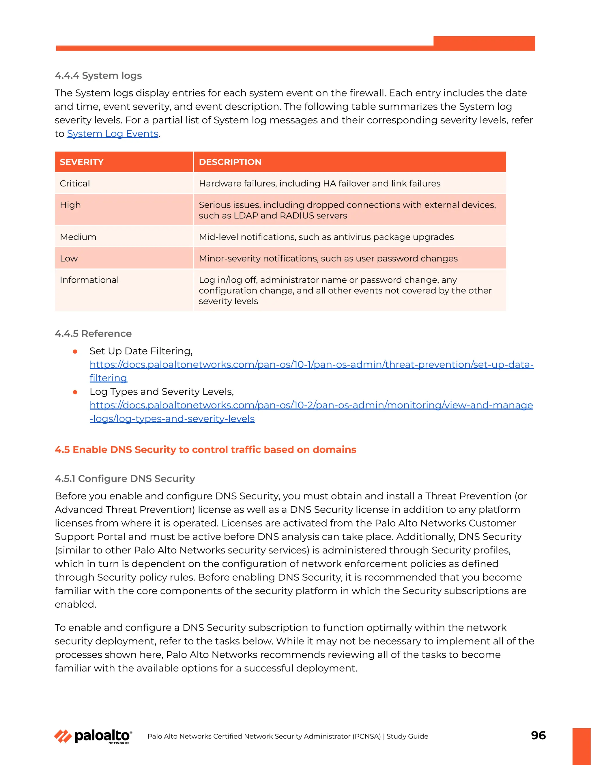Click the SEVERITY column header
point(82,162)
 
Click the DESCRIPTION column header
point(230,162)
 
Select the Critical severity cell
point(75,183)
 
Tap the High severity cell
point(70,205)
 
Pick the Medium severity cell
point(78,237)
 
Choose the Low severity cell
point(69,258)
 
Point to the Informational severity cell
point(89,280)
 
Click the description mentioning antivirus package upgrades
point(326,237)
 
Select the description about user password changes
point(328,258)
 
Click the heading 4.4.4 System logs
point(98,76)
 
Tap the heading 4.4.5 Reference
point(93,333)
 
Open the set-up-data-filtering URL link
point(311,365)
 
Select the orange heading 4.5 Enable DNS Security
point(205,449)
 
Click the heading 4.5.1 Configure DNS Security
point(125,478)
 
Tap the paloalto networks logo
point(93,736)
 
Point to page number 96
point(538,735)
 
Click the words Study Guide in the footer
point(407,736)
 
